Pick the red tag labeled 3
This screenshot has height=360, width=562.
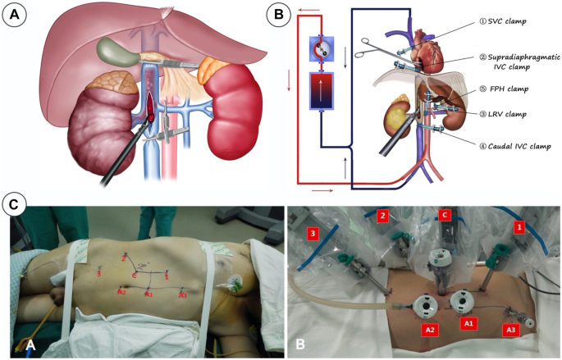coord(313,234)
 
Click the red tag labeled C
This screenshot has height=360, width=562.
coord(445,216)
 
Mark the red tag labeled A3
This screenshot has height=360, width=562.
coord(510,330)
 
